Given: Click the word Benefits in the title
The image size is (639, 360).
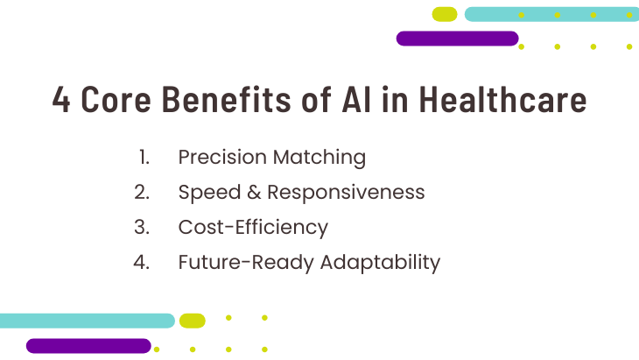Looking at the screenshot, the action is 226,99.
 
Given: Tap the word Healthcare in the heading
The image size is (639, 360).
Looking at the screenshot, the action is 502,99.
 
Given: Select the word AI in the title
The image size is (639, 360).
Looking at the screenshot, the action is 356,99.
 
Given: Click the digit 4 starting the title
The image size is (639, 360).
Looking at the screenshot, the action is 61,99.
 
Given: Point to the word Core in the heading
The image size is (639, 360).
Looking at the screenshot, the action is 116,99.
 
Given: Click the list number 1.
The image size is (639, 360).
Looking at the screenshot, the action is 144,157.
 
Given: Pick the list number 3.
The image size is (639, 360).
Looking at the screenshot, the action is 142,227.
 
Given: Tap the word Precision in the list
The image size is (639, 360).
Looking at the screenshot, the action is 222,157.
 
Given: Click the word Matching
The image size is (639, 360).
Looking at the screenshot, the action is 319,158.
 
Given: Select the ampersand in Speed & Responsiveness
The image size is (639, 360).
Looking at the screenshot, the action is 254,192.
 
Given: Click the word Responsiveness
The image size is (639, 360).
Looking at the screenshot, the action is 346,193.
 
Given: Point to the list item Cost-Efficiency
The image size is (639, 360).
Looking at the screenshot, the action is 253,228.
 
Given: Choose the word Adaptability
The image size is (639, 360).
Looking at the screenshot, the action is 380,263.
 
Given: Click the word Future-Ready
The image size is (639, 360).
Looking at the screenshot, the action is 246,263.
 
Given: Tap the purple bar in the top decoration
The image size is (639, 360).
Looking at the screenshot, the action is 457,39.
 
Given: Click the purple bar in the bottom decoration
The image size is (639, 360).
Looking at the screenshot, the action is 88,346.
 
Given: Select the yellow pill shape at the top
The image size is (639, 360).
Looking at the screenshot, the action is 445,14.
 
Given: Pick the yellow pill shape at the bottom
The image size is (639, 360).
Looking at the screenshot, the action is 193,321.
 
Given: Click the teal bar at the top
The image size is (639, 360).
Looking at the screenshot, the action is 551,14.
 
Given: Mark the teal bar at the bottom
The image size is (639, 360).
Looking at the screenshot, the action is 88,321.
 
